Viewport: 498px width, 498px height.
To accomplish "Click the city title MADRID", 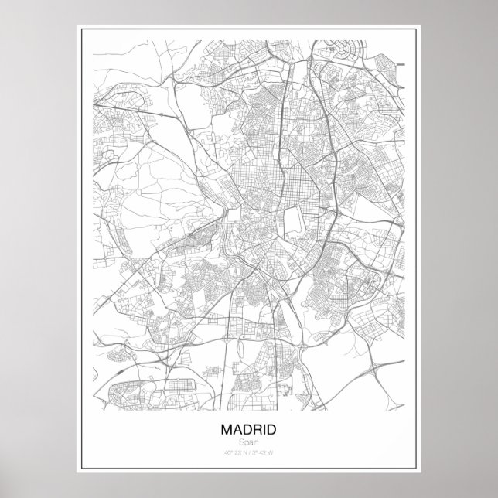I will [249, 428].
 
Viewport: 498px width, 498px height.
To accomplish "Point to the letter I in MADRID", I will [264, 428].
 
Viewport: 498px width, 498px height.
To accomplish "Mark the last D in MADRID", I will [273, 428].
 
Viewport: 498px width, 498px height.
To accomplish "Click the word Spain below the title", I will [249, 441].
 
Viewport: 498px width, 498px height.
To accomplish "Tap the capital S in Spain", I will [241, 441].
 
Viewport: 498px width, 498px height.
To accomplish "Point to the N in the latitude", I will [244, 452].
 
